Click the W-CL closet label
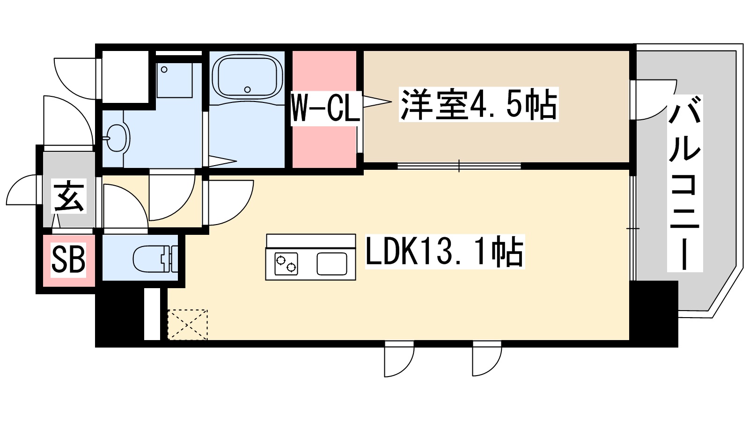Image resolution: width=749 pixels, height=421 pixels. pos(325,108)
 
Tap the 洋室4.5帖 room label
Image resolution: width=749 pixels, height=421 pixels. pos(478,105)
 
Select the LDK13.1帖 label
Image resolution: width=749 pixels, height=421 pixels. pos(444,252)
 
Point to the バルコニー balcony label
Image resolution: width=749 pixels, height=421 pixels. pos(684,182)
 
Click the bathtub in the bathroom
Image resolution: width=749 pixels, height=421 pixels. pos(247,75)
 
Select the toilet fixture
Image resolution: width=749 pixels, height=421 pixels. pos(154,258)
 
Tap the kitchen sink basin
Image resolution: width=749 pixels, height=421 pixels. pos(331,263)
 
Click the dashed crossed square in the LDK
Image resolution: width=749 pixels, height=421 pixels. pos(187,324)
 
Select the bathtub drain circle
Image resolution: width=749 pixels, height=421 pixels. pos(248,89)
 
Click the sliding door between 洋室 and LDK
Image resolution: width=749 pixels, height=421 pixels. pos(459,166)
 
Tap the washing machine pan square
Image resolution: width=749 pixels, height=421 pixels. pos(174,80)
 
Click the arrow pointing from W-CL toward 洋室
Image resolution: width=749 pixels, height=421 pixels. pos(377,102)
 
